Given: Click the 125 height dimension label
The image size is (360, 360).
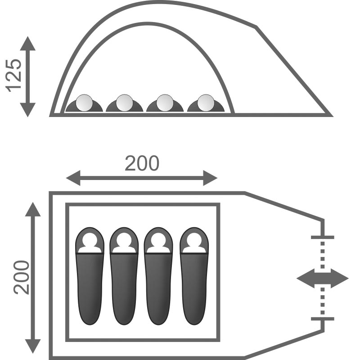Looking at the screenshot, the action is pyautogui.click(x=13, y=76).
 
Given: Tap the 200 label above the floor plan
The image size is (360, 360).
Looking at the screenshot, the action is pyautogui.click(x=142, y=163).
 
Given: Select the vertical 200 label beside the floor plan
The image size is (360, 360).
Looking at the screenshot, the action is pyautogui.click(x=22, y=277).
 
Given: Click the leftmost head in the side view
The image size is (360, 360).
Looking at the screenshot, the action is pyautogui.click(x=84, y=103).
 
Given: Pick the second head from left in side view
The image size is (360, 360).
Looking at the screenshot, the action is pyautogui.click(x=125, y=103).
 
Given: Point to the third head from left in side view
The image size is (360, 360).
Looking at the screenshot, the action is pyautogui.click(x=165, y=103).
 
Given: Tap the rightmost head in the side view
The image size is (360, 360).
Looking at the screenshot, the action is pyautogui.click(x=206, y=103).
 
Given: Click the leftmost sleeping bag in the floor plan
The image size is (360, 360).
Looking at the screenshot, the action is pyautogui.click(x=90, y=276).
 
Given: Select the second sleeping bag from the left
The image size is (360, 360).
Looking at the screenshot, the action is pyautogui.click(x=124, y=276).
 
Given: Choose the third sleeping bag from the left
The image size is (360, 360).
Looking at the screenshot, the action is pyautogui.click(x=158, y=276).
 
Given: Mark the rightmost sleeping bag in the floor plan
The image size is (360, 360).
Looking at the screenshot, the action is pyautogui.click(x=194, y=276).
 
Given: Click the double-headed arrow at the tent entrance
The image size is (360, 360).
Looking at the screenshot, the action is pyautogui.click(x=323, y=279).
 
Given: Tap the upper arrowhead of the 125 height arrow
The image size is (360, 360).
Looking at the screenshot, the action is pyautogui.click(x=28, y=43).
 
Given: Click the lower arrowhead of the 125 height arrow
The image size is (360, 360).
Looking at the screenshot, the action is pyautogui.click(x=28, y=110).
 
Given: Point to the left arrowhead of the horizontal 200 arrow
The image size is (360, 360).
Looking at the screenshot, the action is pyautogui.click(x=73, y=178).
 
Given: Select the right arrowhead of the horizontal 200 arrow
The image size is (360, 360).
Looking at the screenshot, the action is pyautogui.click(x=210, y=178).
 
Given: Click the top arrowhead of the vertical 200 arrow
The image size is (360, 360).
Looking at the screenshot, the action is pyautogui.click(x=33, y=209).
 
